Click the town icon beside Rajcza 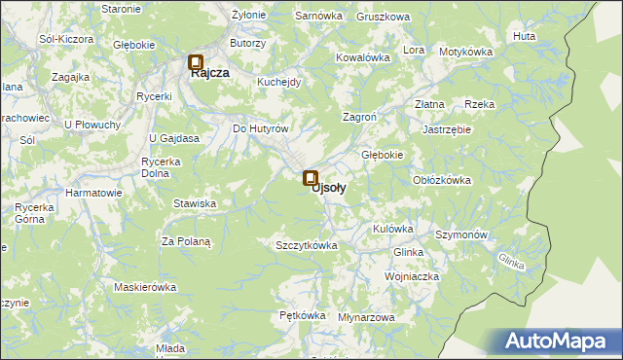(x=195, y=61)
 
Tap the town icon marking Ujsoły (x=311, y=178)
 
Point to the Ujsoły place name (x=328, y=188)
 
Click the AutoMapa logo (x=561, y=342)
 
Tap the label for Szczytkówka (x=307, y=245)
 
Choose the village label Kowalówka (x=363, y=57)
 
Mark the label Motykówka (x=467, y=52)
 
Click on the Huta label (x=524, y=36)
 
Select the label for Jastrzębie (x=447, y=128)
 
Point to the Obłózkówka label (x=442, y=180)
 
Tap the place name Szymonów (x=461, y=235)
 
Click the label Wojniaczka (x=412, y=277)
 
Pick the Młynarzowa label (x=366, y=318)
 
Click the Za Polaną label (x=186, y=240)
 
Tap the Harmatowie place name (x=93, y=193)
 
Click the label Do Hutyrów (x=261, y=128)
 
